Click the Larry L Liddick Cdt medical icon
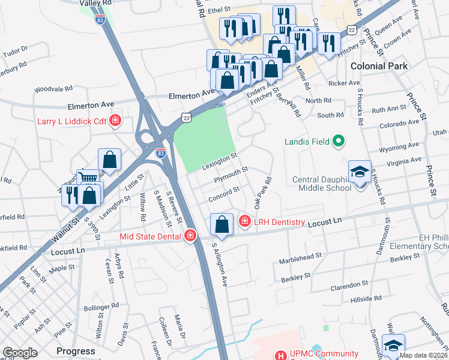click(x=115, y=121)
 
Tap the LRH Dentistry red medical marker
click(x=244, y=222)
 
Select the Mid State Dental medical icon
click(x=190, y=236)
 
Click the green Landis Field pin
click(x=339, y=142)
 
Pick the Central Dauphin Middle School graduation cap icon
click(x=360, y=172)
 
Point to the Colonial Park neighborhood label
click(x=379, y=66)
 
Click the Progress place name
click(x=76, y=351)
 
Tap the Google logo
click(x=20, y=353)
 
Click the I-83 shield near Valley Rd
click(x=100, y=19)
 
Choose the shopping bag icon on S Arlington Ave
click(x=222, y=225)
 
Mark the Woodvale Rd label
click(x=53, y=89)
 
